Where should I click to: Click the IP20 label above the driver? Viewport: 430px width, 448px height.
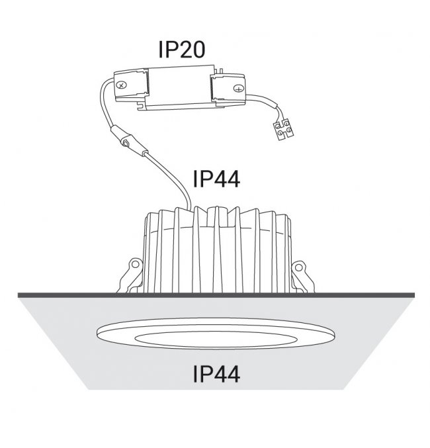182,50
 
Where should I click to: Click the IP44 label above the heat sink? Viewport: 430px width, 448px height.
216,179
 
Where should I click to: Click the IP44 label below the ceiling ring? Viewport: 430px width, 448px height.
216,374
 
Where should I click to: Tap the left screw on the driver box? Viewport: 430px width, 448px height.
122,85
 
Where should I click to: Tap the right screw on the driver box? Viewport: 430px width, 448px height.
237,88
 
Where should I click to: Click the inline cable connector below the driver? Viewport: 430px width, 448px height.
129,141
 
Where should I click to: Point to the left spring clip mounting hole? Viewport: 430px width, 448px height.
135,264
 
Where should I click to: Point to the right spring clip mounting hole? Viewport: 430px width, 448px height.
298,267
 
